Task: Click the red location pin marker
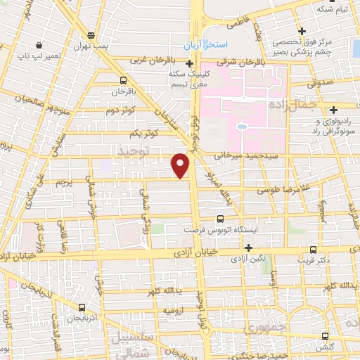[x=181, y=166]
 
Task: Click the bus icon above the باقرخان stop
[x=124, y=80]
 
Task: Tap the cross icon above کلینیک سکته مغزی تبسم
[x=189, y=64]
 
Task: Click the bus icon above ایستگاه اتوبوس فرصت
[x=220, y=219]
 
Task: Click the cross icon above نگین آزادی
[x=247, y=247]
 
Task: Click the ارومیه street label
[x=174, y=309]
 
